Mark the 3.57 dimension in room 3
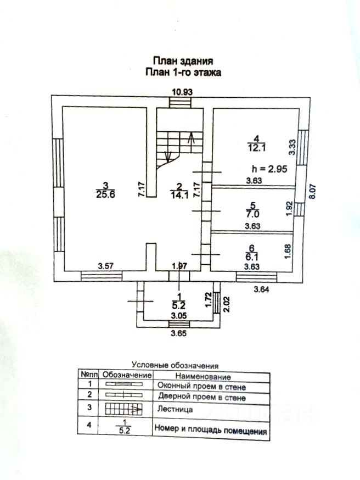click(x=106, y=266)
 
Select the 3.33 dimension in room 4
click(x=293, y=148)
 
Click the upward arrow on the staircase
click(x=191, y=137)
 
